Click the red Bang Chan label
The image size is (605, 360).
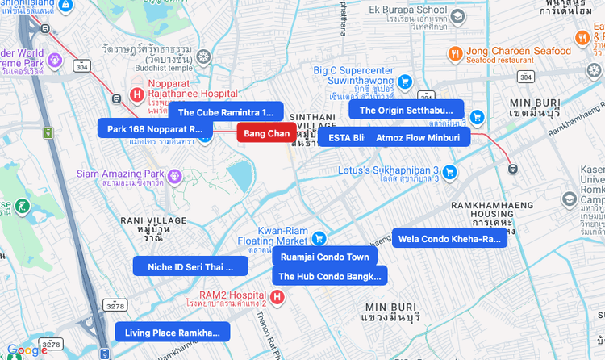click(x=266, y=133)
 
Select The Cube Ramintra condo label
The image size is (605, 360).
click(x=226, y=112)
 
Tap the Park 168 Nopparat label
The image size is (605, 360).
click(x=155, y=128)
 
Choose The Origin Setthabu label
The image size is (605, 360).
click(x=406, y=111)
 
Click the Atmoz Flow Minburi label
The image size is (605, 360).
click(x=418, y=137)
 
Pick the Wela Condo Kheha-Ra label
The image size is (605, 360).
click(x=449, y=238)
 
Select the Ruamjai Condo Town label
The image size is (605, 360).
click(x=324, y=257)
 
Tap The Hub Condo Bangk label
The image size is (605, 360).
click(x=329, y=276)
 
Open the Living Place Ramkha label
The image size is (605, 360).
click(x=172, y=332)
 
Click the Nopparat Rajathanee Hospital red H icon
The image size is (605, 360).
click(x=137, y=95)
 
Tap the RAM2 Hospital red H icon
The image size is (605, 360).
click(x=278, y=297)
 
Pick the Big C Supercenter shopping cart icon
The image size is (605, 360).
click(x=404, y=81)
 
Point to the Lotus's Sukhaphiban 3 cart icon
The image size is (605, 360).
click(x=449, y=171)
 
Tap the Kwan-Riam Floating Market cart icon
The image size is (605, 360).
click(x=319, y=238)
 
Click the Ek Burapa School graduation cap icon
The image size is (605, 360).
click(x=457, y=16)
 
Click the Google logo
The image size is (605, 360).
click(x=27, y=350)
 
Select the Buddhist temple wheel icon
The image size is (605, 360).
click(x=203, y=57)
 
